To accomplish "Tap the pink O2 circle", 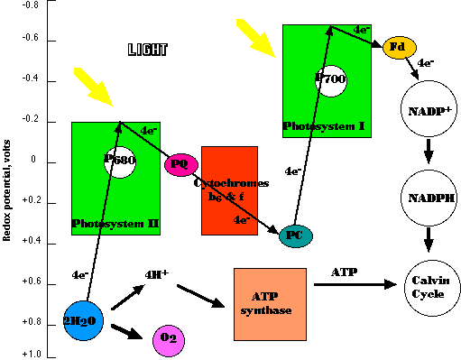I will click(168, 339).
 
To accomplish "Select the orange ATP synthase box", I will click(270, 304).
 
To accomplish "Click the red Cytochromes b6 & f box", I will click(230, 190).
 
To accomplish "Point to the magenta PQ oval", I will click(180, 164).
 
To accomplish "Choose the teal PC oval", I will click(295, 236).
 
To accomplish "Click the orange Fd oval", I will click(397, 48).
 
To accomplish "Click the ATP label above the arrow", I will click(344, 272).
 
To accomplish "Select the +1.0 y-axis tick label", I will click(31, 354).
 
